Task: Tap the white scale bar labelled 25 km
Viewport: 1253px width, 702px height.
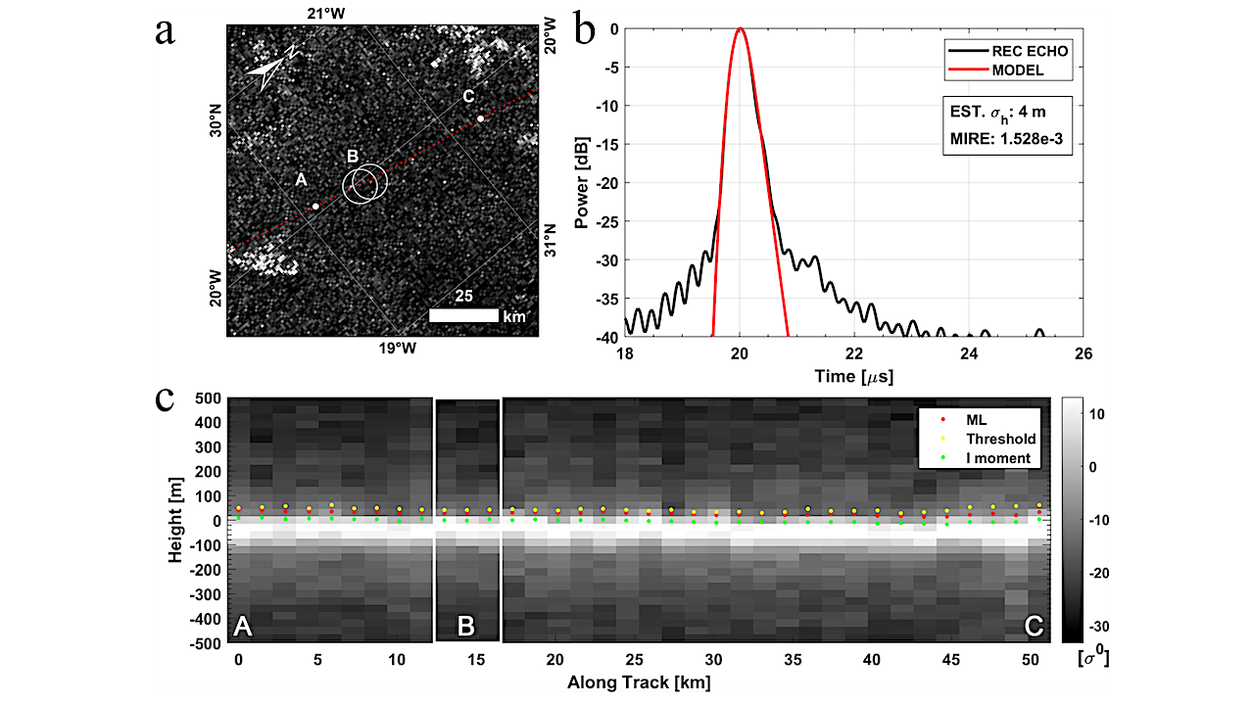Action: (x=463, y=316)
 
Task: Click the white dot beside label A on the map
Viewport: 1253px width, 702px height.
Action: (x=315, y=207)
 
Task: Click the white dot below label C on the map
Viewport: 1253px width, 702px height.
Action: (x=480, y=119)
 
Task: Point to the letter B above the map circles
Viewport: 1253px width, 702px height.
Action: (x=353, y=156)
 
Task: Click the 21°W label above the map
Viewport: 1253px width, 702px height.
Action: (x=327, y=13)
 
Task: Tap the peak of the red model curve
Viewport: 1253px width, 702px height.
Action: (x=741, y=29)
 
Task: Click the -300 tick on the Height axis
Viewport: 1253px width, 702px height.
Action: (x=201, y=594)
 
